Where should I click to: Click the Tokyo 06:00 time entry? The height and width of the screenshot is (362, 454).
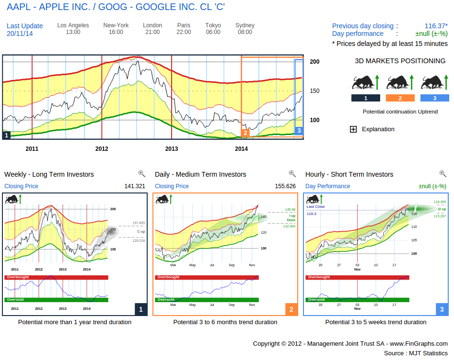[x=213, y=29]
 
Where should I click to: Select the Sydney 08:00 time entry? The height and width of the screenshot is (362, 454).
[x=245, y=29]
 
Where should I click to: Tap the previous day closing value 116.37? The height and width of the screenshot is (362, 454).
[x=436, y=26]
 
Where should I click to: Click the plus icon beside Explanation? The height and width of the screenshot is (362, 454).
[x=353, y=129]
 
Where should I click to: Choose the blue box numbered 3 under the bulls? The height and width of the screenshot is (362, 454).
[x=435, y=98]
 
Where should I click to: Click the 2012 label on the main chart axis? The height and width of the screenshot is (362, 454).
[x=102, y=149]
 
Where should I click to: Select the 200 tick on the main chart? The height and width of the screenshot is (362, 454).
[x=314, y=62]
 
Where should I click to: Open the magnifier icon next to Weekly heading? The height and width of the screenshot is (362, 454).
[x=141, y=174]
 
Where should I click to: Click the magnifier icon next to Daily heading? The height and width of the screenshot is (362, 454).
[x=292, y=174]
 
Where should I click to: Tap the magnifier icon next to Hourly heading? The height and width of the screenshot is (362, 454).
[x=442, y=174]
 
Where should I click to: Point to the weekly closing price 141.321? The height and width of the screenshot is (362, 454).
[x=135, y=186]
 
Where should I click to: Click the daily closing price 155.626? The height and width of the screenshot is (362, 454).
[x=285, y=186]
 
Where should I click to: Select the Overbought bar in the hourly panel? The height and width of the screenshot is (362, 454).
[x=357, y=277]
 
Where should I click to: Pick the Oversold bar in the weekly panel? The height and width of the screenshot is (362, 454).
[x=56, y=300]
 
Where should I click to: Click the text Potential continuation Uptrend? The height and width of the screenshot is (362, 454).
[x=400, y=112]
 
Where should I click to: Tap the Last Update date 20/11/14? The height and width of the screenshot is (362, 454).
[x=20, y=34]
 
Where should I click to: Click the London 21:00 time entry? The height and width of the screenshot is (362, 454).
[x=152, y=29]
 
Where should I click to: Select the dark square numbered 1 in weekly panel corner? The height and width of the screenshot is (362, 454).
[x=140, y=310]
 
